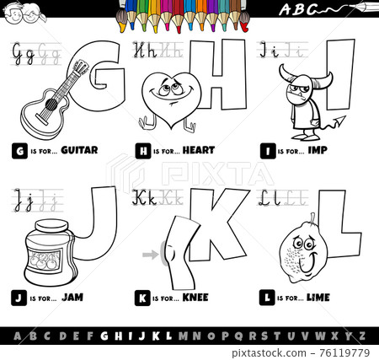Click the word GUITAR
[81, 151]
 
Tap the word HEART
[199, 151]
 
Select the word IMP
[318, 151]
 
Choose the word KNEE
[194, 296]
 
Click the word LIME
[318, 296]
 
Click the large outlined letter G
[94, 71]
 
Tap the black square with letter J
[18, 296]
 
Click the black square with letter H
[140, 151]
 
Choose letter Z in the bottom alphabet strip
[362, 335]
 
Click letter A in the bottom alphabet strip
[14, 335]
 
